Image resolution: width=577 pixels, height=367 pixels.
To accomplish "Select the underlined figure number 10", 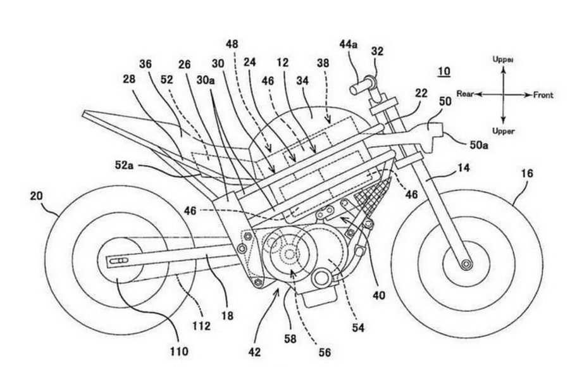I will (x=444, y=71).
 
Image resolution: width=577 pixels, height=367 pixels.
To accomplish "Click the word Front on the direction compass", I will (x=543, y=95).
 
